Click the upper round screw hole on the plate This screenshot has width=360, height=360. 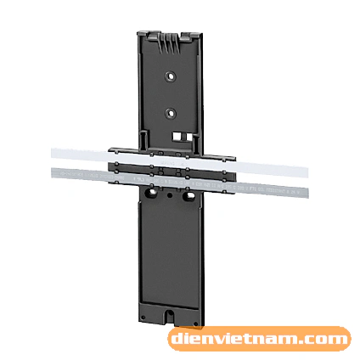[x=171, y=76]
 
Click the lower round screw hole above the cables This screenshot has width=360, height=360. [x=171, y=114]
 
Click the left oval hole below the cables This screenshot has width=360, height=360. [x=152, y=194]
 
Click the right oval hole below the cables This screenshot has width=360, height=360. [x=188, y=196]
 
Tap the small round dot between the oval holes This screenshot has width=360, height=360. [x=170, y=195]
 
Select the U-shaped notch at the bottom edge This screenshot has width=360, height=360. [x=170, y=314]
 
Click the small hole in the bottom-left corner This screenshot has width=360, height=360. [x=143, y=317]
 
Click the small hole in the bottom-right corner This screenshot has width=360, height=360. [x=195, y=323]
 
